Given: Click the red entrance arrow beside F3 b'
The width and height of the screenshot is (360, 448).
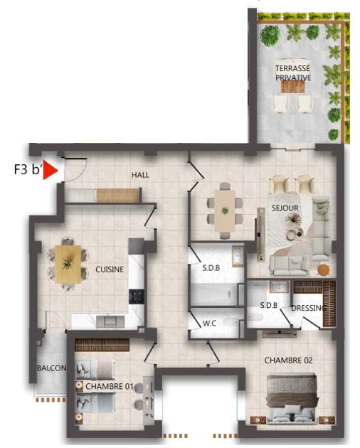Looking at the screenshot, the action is coord(50,170).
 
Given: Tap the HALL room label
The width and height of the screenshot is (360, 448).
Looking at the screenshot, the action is coord(140,175).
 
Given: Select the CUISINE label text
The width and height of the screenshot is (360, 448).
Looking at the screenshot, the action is coord(110,269).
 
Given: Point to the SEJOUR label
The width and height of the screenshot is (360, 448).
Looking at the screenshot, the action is coord(285,208).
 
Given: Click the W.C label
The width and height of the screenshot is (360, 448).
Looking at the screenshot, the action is coord(209,323).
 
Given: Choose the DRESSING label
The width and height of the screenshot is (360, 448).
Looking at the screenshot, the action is coord(308,308).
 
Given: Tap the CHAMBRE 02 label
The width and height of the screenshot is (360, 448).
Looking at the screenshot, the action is coord(288,361).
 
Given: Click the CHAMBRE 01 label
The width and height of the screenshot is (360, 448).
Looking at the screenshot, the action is coord(110,386).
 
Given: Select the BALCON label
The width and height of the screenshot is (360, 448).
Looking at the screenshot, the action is coord(52,368).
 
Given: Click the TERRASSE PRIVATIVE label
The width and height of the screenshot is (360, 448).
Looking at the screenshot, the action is coord(293,73).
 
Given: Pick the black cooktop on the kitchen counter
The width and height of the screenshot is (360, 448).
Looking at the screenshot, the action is coord(137,297).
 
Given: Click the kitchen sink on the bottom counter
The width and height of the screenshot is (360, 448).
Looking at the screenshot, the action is coord(110,321).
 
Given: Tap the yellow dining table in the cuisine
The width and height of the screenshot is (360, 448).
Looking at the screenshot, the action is coord(68,265).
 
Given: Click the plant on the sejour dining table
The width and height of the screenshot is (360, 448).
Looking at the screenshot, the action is coord(225,211).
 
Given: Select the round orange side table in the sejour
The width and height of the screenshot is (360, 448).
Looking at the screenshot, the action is coord(324,270).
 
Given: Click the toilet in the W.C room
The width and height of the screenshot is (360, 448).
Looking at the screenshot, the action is coord(231,323).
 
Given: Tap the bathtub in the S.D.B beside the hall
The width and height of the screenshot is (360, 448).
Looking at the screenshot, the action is coord(214,294).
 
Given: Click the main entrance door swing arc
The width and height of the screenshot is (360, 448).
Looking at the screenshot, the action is coord(80,175).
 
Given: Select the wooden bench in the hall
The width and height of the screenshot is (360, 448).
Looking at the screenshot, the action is coord(118,195).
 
